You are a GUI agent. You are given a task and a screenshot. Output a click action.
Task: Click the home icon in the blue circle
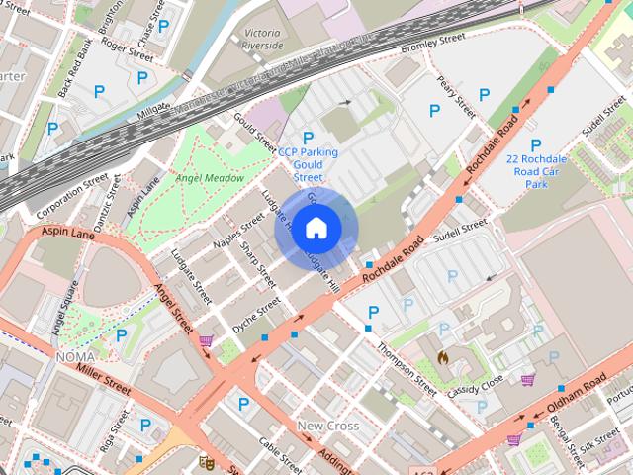click(x=316, y=229)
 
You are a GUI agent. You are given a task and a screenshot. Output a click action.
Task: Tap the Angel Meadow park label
click(x=209, y=178)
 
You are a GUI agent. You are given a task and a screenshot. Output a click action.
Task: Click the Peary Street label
click(x=449, y=97)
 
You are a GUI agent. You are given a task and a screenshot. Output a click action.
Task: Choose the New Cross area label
click(x=328, y=426)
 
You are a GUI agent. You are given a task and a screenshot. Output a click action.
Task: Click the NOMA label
click(x=76, y=356)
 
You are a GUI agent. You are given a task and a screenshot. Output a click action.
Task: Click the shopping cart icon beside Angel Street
click(x=206, y=341)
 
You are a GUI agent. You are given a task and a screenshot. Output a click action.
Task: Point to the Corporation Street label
click(x=71, y=195)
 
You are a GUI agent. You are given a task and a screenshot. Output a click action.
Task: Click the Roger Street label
click(x=127, y=46)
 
